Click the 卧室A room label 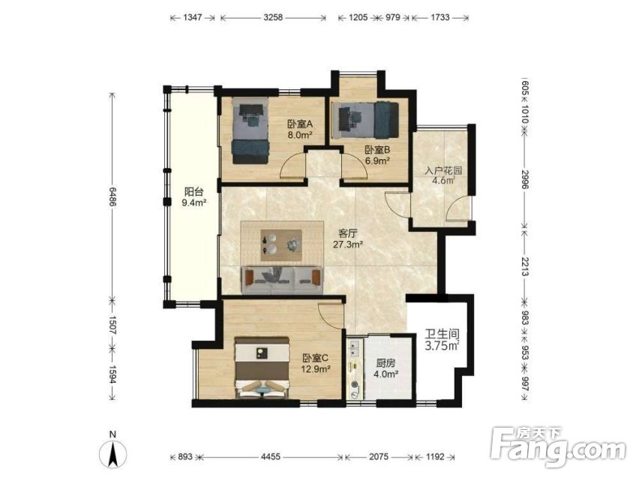[x=299, y=124]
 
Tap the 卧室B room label [x=377, y=150]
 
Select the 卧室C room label [x=316, y=358]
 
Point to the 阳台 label [x=193, y=191]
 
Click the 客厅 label [x=348, y=233]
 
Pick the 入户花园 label [x=443, y=170]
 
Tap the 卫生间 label [x=442, y=335]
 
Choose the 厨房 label [x=385, y=363]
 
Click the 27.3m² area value [x=348, y=245]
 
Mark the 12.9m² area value [x=316, y=369]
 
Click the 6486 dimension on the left [x=112, y=197]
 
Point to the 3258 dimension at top [x=273, y=17]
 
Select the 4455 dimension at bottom [x=271, y=457]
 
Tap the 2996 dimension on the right [x=524, y=179]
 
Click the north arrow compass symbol [x=113, y=452]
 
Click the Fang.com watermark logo [x=558, y=447]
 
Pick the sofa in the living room [x=283, y=280]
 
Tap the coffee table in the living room [x=281, y=245]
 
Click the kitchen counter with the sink [x=355, y=369]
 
